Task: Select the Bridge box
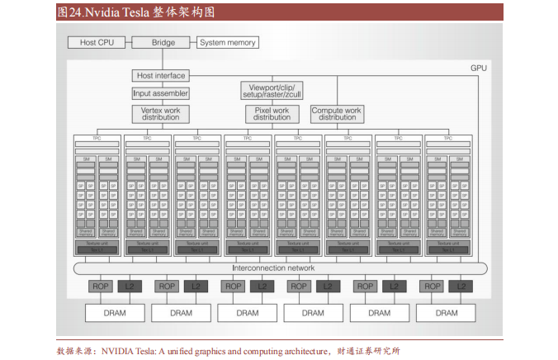164,42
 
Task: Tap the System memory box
228,42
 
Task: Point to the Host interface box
161,75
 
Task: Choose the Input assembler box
161,93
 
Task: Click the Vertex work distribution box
161,113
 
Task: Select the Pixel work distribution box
272,113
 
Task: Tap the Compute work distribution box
336,113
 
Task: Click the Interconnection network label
273,268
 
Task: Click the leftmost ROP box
101,287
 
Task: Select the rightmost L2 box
460,287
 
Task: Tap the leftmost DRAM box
114,313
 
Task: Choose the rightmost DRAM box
447,313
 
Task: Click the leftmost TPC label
97,138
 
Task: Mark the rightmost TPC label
448,138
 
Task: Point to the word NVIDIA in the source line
121,350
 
